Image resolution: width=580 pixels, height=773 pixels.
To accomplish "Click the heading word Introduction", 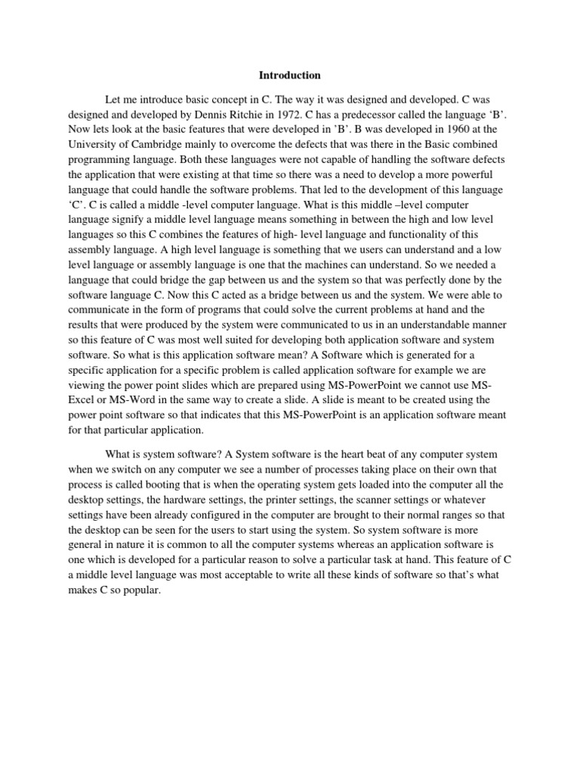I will coord(290,75).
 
